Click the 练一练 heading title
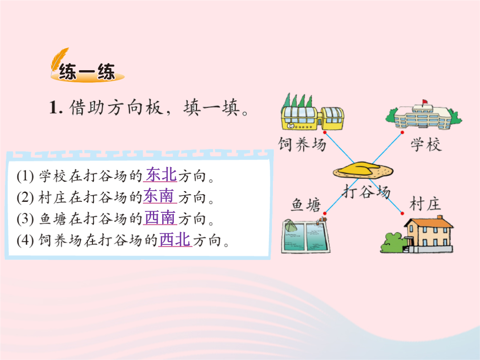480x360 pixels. [87, 72]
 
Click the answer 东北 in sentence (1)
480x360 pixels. [161, 175]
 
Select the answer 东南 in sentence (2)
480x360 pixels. [159, 196]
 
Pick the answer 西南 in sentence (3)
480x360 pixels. [160, 218]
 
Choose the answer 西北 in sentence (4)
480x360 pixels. [175, 240]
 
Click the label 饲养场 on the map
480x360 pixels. [302, 144]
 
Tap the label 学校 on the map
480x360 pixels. [426, 144]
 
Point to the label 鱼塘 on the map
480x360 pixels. [306, 204]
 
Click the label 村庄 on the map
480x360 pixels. [425, 204]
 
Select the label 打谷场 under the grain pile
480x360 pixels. [366, 192]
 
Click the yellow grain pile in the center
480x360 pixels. [363, 170]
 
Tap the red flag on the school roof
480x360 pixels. [425, 102]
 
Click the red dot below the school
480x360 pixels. [402, 132]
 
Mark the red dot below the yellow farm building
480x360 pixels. [325, 132]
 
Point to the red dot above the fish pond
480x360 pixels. [325, 213]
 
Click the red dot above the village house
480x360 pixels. [402, 213]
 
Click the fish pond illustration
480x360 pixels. [305, 236]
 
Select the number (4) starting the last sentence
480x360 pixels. [25, 240]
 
